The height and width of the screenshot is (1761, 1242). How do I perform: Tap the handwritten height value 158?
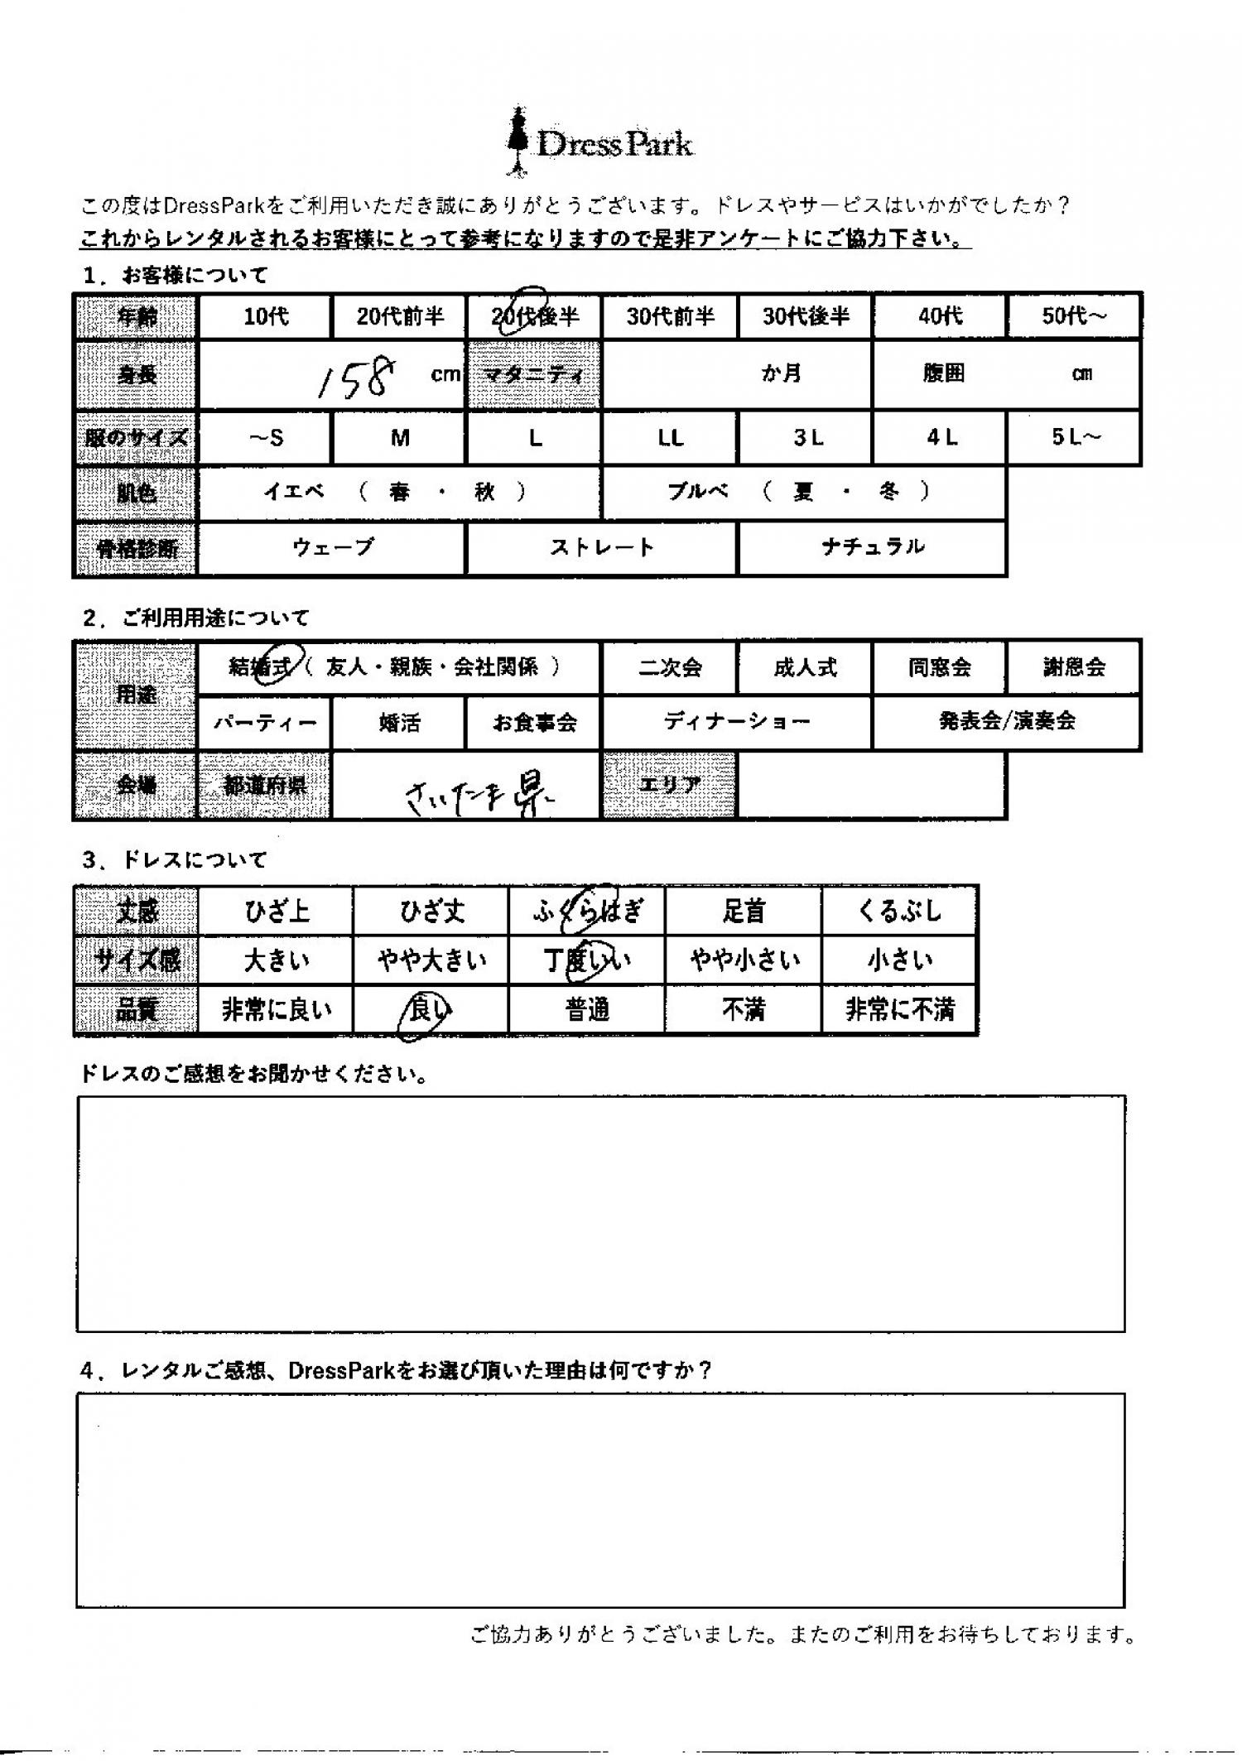tap(356, 378)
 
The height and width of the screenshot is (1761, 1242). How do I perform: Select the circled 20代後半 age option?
tap(534, 315)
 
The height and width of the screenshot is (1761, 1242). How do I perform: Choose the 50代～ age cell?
tap(1074, 315)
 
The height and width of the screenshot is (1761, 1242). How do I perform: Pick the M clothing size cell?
tap(400, 438)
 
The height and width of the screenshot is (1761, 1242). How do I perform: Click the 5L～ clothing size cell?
tap(1074, 438)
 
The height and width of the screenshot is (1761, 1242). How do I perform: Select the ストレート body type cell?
tap(601, 547)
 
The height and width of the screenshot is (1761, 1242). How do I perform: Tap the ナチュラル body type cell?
tap(872, 547)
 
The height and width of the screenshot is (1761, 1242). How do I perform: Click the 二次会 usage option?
tap(670, 667)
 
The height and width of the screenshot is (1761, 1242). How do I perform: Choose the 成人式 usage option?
tap(805, 667)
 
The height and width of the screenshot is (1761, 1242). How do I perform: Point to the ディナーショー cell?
tap(737, 722)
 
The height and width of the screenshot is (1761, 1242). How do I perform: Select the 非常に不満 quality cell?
tap(899, 1010)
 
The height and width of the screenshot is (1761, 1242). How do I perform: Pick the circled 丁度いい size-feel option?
tap(586, 960)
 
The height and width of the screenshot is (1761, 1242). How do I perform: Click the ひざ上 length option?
tap(277, 912)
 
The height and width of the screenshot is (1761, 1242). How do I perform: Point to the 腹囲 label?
tap(943, 374)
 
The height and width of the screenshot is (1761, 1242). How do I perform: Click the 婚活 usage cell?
tap(399, 723)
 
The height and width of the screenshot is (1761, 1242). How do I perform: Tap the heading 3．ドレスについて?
tap(174, 860)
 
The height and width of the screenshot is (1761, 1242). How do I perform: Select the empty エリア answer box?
tap(872, 785)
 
